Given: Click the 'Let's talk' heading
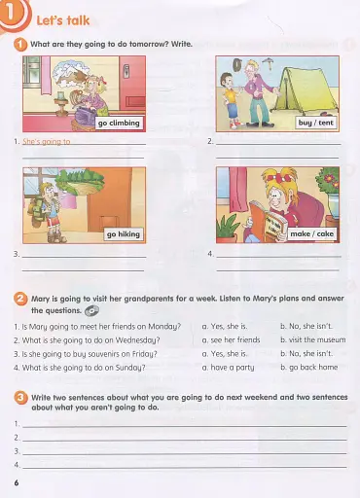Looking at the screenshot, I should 63,18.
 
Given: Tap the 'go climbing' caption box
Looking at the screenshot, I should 118,124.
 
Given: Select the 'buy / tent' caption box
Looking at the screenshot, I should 317,124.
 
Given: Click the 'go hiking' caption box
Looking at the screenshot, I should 125,235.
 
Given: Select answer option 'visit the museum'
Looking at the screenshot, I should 309,340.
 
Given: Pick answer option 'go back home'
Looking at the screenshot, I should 308,368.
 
